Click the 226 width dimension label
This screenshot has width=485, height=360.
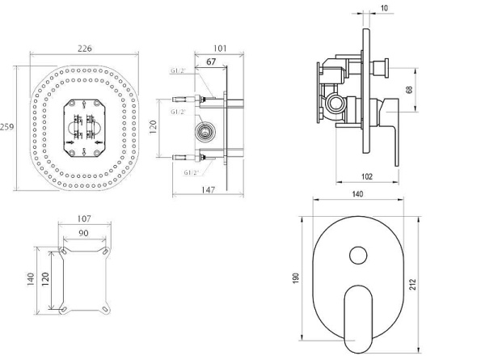[x=84, y=49]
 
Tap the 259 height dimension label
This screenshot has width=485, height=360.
[x=6, y=127]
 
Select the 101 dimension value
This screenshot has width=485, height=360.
[x=220, y=49]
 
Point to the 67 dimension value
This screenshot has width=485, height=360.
[x=211, y=62]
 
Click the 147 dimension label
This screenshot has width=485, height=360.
[x=209, y=190]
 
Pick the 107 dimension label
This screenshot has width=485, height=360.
[x=84, y=219]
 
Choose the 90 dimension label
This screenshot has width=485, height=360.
[x=83, y=233]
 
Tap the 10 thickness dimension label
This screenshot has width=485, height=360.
[x=384, y=8]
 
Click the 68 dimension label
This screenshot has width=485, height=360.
[x=409, y=90]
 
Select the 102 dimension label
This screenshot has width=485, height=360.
[x=367, y=176]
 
